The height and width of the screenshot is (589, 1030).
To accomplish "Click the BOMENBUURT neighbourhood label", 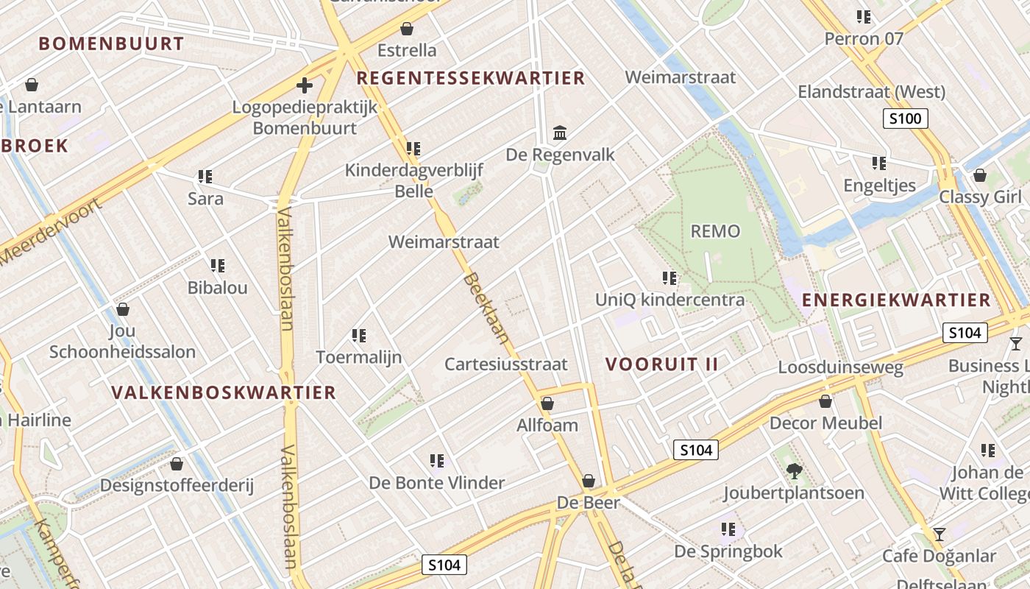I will [111, 43].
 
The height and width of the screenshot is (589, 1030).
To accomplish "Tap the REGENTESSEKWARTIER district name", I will [471, 78].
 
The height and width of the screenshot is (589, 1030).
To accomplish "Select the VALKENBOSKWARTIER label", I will [224, 392].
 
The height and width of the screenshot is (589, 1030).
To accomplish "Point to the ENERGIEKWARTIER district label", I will [896, 300].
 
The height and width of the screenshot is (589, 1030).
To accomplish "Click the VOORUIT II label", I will [661, 364].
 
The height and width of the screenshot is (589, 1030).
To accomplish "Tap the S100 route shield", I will [906, 118].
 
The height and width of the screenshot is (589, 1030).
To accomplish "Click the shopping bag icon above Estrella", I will [406, 29].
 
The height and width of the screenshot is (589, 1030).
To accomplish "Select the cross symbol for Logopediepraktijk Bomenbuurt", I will [305, 85].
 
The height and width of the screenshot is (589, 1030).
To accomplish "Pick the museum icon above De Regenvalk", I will [560, 133].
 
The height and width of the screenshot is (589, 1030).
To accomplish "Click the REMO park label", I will [715, 232].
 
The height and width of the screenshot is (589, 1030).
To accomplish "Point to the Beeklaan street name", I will [486, 308].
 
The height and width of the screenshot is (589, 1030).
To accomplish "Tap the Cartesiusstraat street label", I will [506, 364].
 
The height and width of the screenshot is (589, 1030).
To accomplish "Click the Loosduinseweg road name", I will [841, 367].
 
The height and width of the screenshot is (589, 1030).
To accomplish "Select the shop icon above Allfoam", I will [547, 403].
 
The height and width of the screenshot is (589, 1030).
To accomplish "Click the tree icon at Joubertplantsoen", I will [793, 470].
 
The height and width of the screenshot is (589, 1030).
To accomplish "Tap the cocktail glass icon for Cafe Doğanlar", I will [939, 534].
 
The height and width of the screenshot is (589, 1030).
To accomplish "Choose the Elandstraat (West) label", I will [871, 92].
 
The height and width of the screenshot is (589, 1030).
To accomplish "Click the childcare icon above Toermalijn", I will [359, 336].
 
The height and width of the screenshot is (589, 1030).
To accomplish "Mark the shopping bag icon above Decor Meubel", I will [825, 401].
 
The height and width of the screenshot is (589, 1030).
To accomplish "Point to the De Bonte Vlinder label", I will [437, 483].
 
